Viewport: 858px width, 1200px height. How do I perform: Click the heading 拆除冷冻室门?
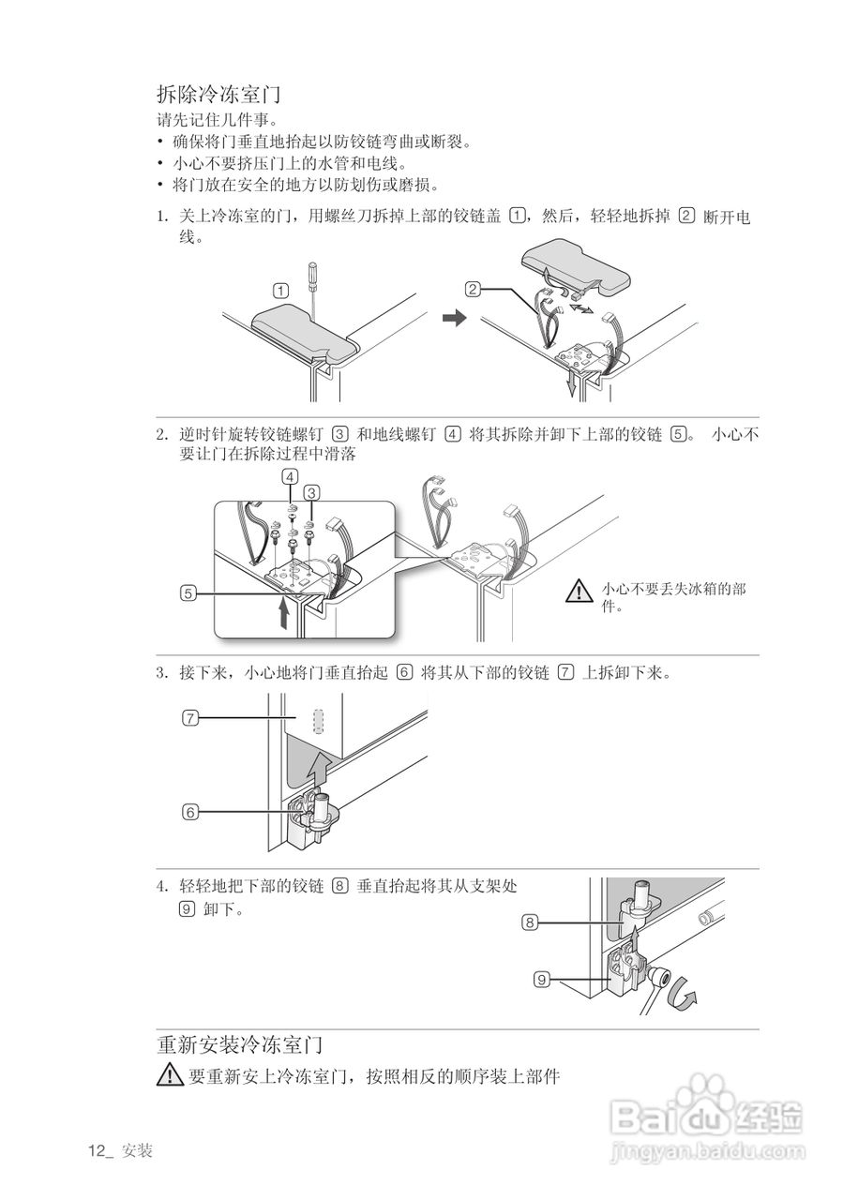click(219, 95)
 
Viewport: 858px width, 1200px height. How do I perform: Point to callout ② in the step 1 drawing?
click(474, 289)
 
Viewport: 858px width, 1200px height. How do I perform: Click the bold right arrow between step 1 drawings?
click(454, 320)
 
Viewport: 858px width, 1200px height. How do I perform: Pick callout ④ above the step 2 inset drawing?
click(292, 477)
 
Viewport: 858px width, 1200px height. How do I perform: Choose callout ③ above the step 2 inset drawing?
click(312, 491)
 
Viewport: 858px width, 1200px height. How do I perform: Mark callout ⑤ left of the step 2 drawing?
click(190, 592)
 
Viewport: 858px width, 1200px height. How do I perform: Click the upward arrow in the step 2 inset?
click(284, 615)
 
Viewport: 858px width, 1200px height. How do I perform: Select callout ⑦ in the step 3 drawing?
click(190, 718)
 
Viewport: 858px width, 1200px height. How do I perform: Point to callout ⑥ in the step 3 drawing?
click(190, 812)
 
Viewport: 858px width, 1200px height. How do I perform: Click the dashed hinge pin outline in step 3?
click(319, 720)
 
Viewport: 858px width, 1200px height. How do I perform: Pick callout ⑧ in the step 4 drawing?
click(530, 922)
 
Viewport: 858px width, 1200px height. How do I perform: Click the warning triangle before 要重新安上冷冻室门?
click(170, 1076)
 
